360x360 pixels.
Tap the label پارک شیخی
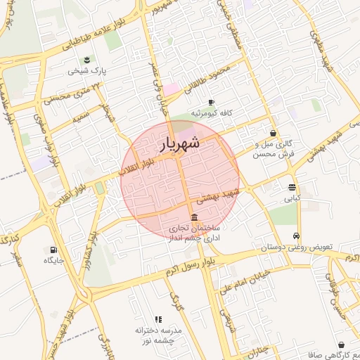pyautogui.click(x=84, y=71)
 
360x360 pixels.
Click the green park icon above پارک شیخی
pyautogui.click(x=86, y=60)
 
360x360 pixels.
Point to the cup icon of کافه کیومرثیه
pyautogui.click(x=211, y=103)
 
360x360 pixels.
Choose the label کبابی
pyautogui.click(x=291, y=198)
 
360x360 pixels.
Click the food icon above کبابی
pyautogui.click(x=292, y=187)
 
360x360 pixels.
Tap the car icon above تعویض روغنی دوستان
pyautogui.click(x=297, y=236)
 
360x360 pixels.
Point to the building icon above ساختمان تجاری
pyautogui.click(x=195, y=217)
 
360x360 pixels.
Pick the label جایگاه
pyautogui.click(x=55, y=260)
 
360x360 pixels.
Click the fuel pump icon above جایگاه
pyautogui.click(x=53, y=249)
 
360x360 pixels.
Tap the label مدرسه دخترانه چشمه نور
pyautogui.click(x=160, y=334)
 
